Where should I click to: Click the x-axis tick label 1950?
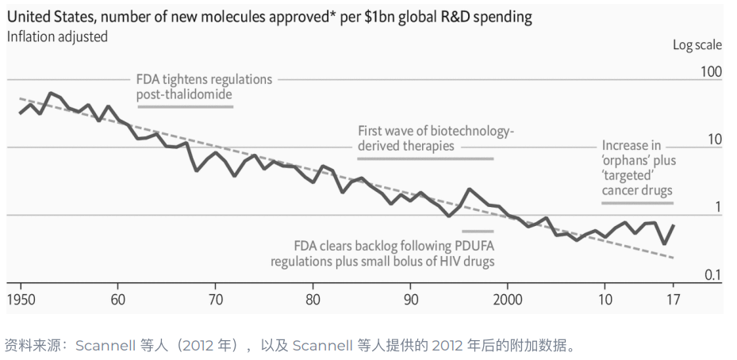21,300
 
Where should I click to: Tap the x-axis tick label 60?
117,300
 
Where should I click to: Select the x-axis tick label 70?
215,300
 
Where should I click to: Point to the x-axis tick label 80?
313,300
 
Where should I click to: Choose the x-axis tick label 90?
410,300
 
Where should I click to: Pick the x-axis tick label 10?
605,300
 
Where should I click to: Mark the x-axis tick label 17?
673,300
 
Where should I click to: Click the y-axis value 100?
711,72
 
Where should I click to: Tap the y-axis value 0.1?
713,275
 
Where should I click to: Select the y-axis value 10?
715,140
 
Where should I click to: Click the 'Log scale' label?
697,45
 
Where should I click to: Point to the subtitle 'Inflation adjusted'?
57,36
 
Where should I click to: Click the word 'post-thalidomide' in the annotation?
183,95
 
